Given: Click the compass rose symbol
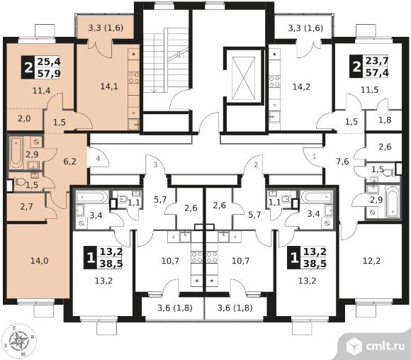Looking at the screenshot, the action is [x=19, y=341].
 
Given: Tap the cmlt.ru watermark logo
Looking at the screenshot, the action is [x=376, y=346].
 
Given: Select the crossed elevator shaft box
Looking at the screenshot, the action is [x=244, y=79].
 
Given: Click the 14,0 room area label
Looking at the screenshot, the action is [x=39, y=261].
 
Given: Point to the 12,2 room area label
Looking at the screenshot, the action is [x=371, y=261].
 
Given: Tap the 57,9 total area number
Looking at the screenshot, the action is [x=49, y=74].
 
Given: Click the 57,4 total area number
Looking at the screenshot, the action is [x=377, y=72].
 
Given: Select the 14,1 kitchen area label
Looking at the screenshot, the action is [x=109, y=86].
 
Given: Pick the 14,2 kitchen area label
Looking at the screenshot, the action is [x=301, y=86].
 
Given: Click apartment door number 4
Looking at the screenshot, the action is [x=98, y=158].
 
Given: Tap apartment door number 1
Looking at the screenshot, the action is [x=315, y=157].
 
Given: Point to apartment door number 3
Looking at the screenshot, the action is [x=155, y=165].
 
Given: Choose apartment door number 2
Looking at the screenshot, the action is [x=256, y=164].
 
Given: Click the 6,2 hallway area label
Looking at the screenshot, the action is [x=69, y=162].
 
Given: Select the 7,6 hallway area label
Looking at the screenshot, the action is [x=342, y=162].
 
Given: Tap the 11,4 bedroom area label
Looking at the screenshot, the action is [x=41, y=91].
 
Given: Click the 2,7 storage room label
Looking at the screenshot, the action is [x=26, y=207].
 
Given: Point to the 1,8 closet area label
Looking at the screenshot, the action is [x=385, y=120].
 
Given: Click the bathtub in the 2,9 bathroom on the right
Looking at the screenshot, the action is [x=393, y=202].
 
